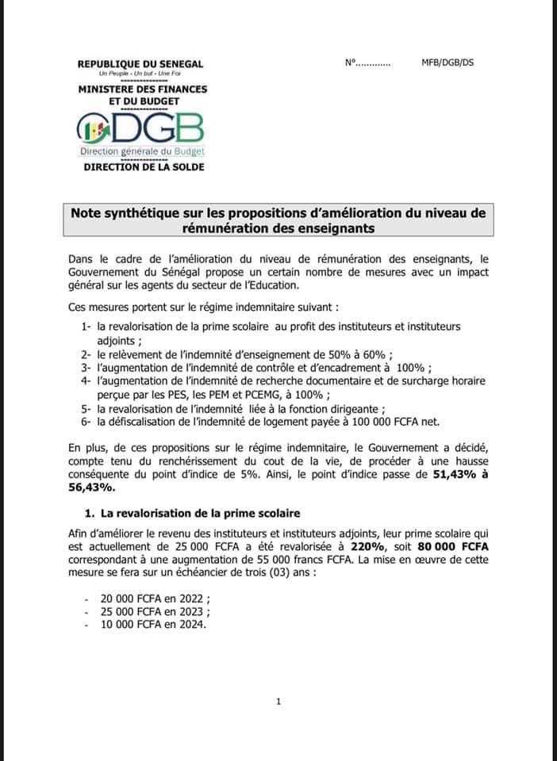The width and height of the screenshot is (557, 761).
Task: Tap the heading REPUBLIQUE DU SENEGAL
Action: click(x=140, y=63)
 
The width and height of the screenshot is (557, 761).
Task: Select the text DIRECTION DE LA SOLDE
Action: click(x=144, y=166)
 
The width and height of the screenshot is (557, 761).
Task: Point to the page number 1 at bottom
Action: click(x=278, y=701)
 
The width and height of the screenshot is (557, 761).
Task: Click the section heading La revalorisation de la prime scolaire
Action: click(x=196, y=514)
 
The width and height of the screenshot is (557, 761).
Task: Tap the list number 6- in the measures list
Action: click(x=86, y=421)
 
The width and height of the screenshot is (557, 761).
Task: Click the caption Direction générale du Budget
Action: click(x=142, y=151)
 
